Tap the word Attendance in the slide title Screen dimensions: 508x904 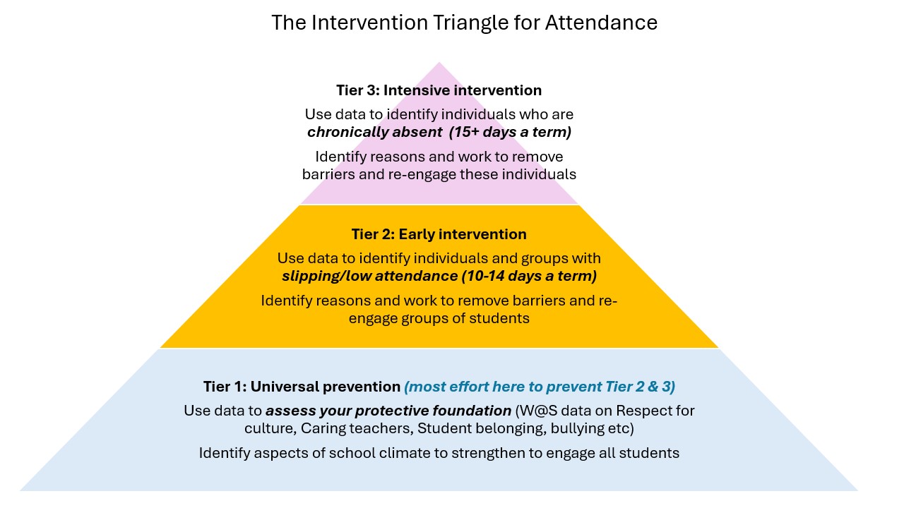pos(601,23)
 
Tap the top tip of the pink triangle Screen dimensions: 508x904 pos(439,63)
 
